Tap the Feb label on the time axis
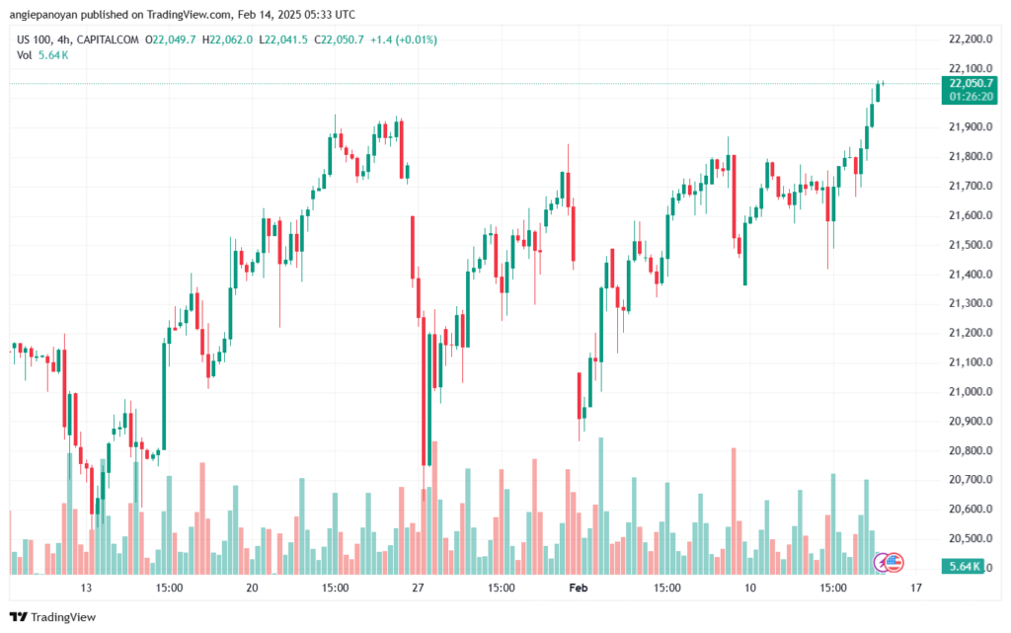(x=579, y=588)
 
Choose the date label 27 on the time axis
(x=418, y=588)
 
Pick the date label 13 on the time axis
(x=87, y=588)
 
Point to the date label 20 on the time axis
(x=252, y=588)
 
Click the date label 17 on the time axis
(x=915, y=588)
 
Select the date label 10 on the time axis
(x=750, y=588)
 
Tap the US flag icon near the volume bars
(x=894, y=562)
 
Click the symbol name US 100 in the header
(x=36, y=40)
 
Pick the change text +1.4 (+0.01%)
(x=403, y=40)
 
